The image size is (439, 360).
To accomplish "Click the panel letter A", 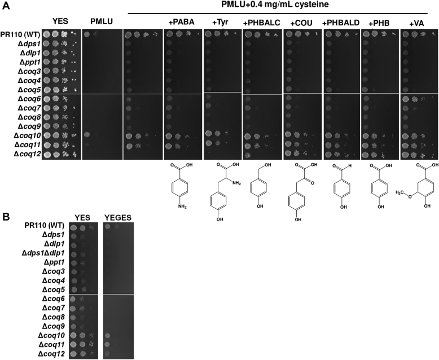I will (x=5, y=5).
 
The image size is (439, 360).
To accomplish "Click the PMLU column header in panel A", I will (x=102, y=21).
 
